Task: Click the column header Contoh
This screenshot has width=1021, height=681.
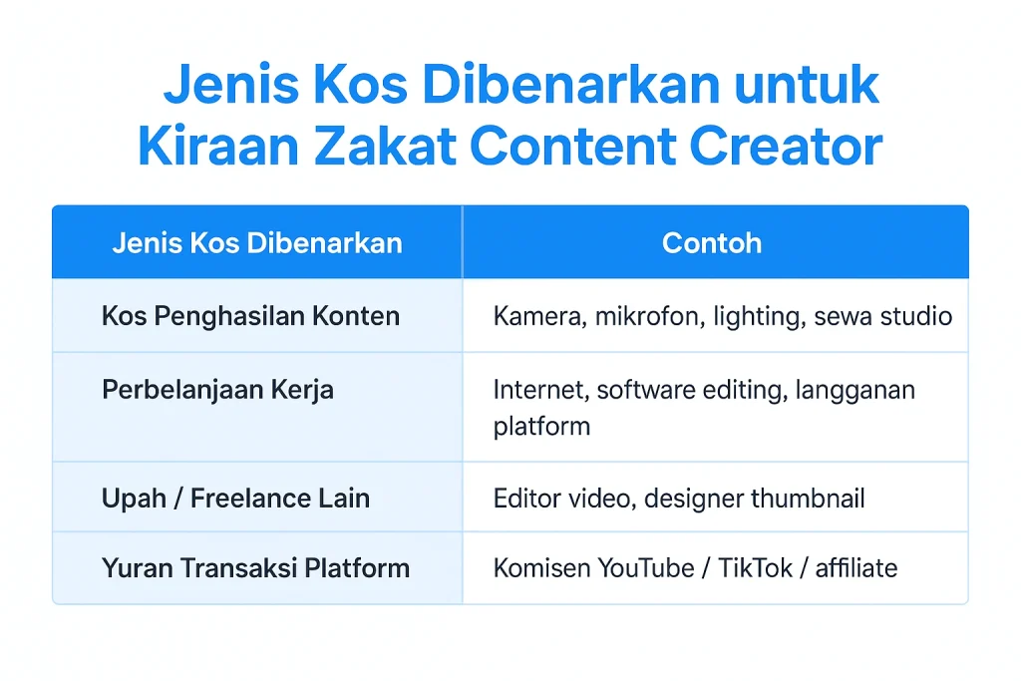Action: [712, 243]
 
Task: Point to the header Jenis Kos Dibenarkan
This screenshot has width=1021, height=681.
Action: [257, 243]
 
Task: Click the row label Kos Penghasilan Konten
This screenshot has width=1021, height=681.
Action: [250, 316]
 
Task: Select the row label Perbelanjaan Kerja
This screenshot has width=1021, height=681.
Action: [217, 389]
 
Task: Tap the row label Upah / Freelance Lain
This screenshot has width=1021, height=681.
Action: [235, 498]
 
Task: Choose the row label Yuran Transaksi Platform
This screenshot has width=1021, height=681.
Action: [255, 568]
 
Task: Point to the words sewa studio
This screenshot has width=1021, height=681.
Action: [882, 317]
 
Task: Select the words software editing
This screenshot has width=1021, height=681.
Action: [687, 390]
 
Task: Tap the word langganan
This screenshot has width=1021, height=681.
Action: [855, 390]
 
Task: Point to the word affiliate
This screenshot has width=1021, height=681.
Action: [856, 568]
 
